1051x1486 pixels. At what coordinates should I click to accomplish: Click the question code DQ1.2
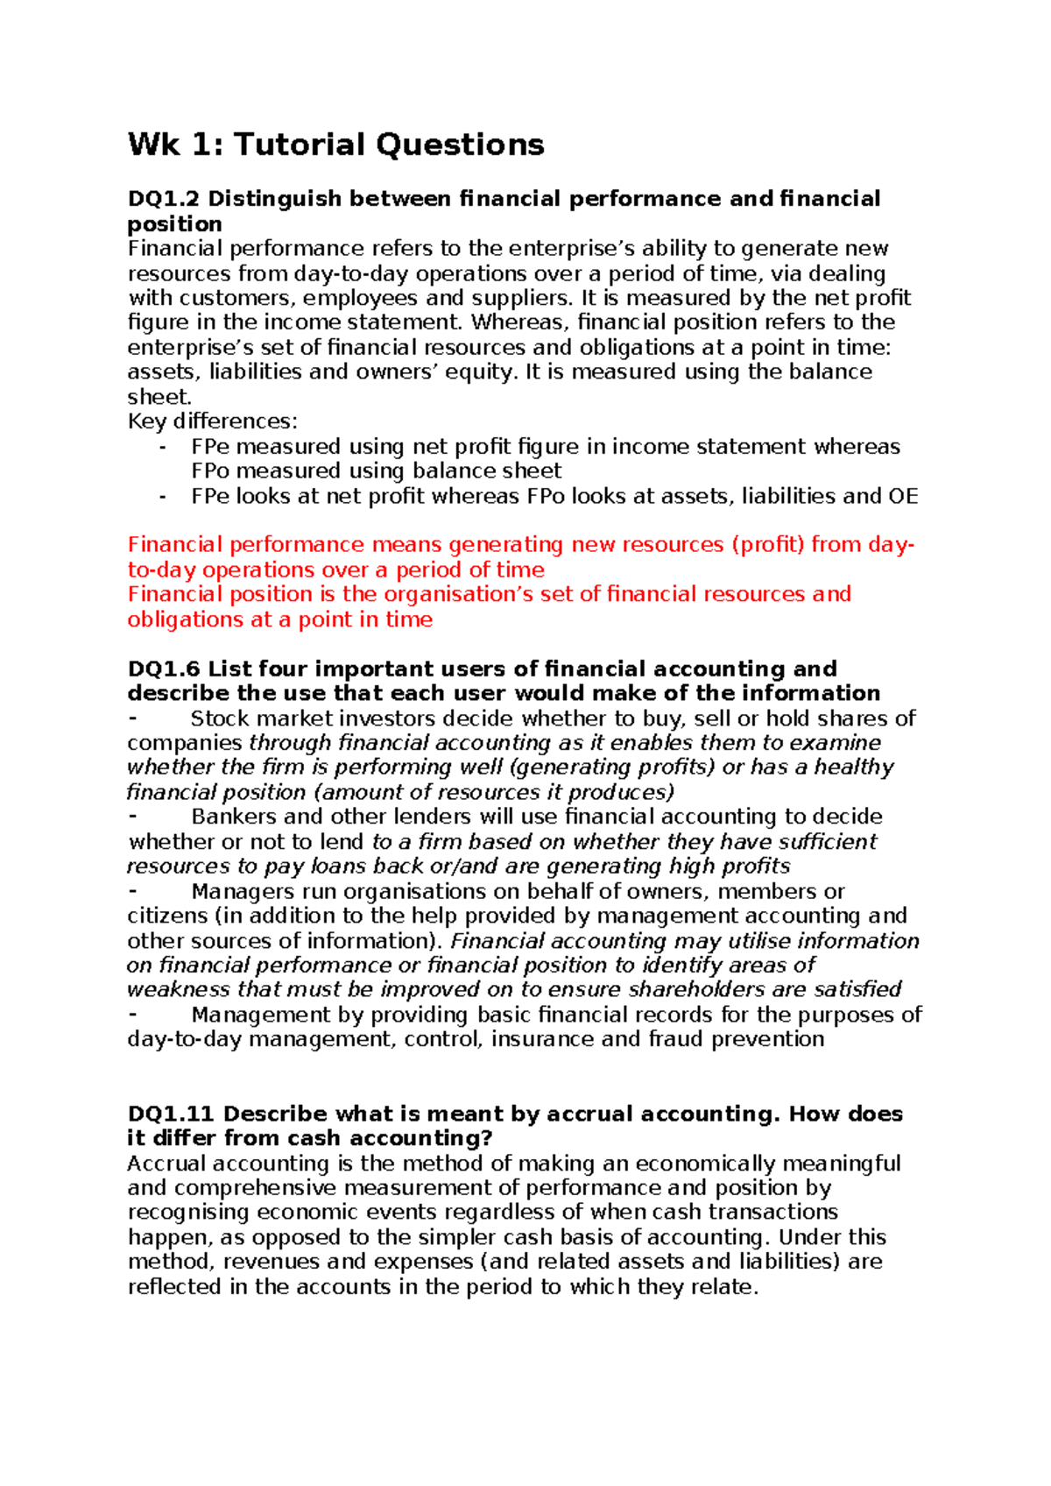[163, 199]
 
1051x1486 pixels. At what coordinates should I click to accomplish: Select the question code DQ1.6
[163, 669]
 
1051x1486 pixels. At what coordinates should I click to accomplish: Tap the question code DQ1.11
[171, 1114]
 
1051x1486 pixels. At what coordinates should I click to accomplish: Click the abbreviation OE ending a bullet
[903, 497]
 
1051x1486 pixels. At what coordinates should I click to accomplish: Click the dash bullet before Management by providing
[133, 1014]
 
